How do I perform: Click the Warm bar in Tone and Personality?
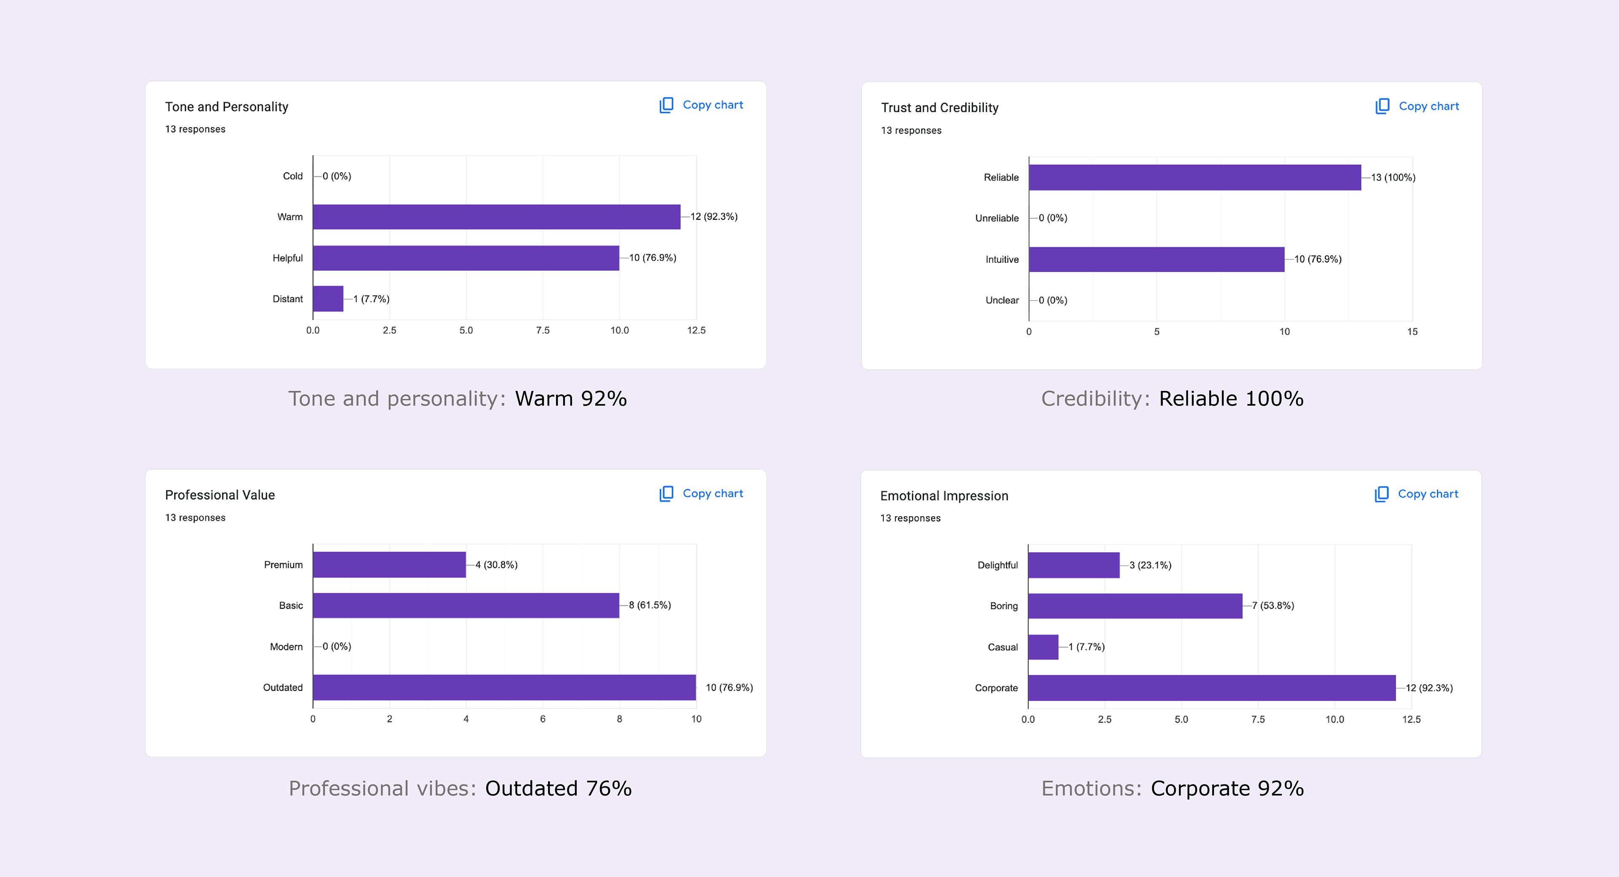click(x=497, y=217)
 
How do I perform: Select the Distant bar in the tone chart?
click(x=328, y=299)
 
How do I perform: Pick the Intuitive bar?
click(x=1156, y=259)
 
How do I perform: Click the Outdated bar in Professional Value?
click(x=504, y=687)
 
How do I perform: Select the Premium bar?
click(x=389, y=565)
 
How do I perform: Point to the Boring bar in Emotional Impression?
click(x=1135, y=605)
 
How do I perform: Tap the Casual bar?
click(x=1043, y=647)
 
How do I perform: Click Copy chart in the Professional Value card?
click(x=702, y=493)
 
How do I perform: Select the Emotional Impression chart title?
click(x=944, y=496)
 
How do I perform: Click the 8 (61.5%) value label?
click(x=650, y=605)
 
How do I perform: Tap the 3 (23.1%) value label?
click(x=1150, y=565)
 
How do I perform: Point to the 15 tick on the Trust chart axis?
click(x=1412, y=331)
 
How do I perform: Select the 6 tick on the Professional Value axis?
click(x=542, y=718)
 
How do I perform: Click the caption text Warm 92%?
click(x=571, y=398)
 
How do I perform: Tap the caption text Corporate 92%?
click(x=1227, y=788)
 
